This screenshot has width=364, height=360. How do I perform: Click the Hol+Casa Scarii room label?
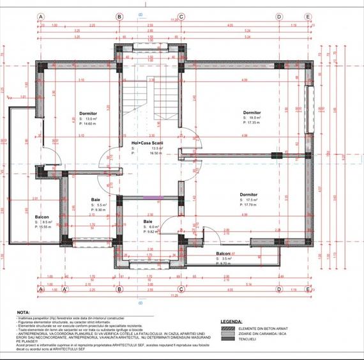pyautogui.click(x=148, y=143)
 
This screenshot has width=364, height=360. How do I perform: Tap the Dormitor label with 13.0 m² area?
pyautogui.click(x=88, y=113)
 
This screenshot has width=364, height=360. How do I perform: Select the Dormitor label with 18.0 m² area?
pyautogui.click(x=252, y=113)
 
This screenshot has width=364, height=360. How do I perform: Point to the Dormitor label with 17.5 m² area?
pyautogui.click(x=248, y=194)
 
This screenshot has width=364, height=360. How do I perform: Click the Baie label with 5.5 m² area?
pyautogui.click(x=95, y=199)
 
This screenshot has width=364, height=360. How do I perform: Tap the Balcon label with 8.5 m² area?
pyautogui.click(x=43, y=217)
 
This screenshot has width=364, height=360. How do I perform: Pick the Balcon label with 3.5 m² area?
pyautogui.click(x=223, y=253)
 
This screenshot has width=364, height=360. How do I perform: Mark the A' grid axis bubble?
pyautogui.click(x=64, y=288)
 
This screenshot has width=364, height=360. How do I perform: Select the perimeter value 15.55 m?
pyautogui.click(x=47, y=227)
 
